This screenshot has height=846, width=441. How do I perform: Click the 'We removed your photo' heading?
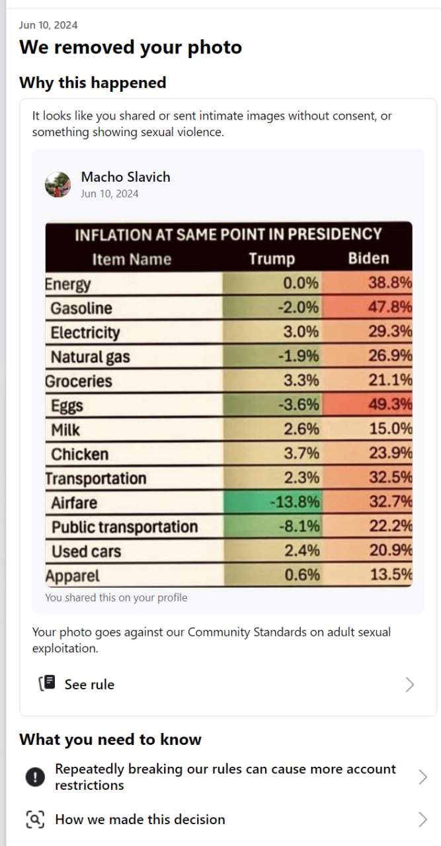130,48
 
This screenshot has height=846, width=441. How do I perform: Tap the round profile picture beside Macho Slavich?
58,184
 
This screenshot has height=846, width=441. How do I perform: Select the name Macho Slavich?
125,176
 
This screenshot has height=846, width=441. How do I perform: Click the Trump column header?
272,258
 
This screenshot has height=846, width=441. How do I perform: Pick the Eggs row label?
67,406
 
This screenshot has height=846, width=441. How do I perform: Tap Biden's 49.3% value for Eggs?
390,404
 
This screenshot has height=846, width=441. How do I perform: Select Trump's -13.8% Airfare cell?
294,502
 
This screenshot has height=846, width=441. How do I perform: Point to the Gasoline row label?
81,308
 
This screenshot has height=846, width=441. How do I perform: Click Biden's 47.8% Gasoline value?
390,307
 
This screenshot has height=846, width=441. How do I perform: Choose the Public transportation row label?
124,527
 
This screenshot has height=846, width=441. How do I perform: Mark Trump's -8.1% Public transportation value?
299,526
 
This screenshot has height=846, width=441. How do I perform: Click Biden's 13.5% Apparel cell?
391,574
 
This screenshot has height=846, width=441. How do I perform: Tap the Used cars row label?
86,551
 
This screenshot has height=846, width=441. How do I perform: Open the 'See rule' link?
89,685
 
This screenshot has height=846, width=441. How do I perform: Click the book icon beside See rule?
48,683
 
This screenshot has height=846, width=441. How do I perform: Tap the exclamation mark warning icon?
35,777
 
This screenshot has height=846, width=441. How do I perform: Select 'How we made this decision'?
140,820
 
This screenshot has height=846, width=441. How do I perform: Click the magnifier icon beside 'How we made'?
35,820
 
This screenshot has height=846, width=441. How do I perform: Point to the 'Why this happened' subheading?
93,83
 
